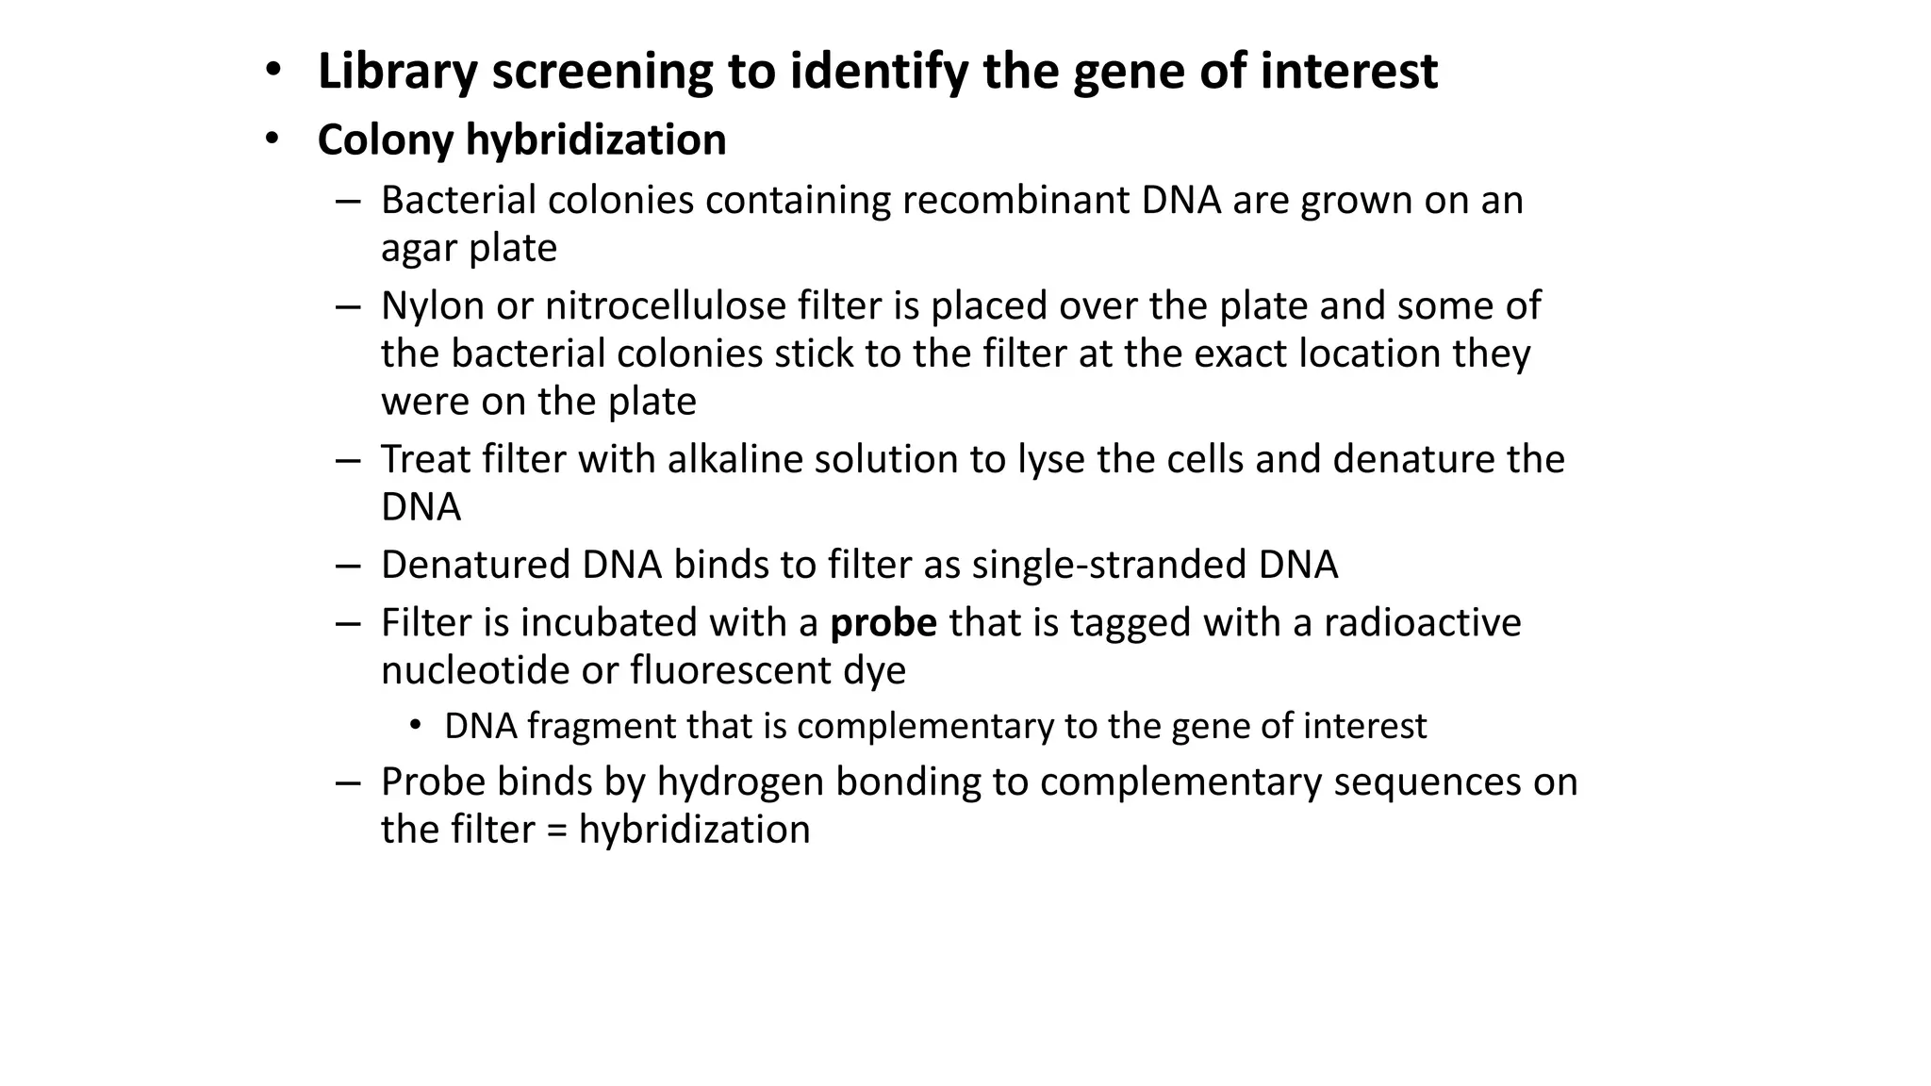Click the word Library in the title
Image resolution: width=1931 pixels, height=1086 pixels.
pos(397,72)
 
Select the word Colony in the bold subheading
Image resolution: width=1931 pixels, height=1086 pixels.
pos(386,140)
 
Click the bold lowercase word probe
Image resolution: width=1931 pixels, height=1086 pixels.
pos(883,623)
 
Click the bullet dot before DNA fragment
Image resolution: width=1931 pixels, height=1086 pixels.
pos(415,725)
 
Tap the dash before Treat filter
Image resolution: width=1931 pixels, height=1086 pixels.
pos(348,460)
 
